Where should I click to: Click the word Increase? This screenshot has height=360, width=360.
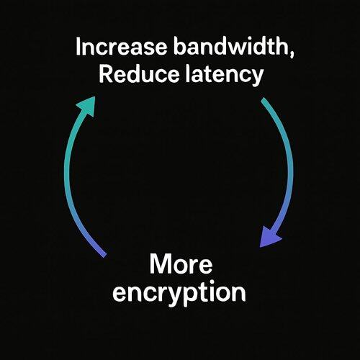121,46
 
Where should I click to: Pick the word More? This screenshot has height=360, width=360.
181,264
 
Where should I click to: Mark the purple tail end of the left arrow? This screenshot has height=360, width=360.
104,256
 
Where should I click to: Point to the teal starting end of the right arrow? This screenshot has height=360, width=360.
264,99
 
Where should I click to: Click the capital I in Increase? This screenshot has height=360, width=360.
78,47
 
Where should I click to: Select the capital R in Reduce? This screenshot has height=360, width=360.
106,74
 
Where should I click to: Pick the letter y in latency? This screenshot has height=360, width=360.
257,78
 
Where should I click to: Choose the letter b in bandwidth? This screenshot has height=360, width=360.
180,46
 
